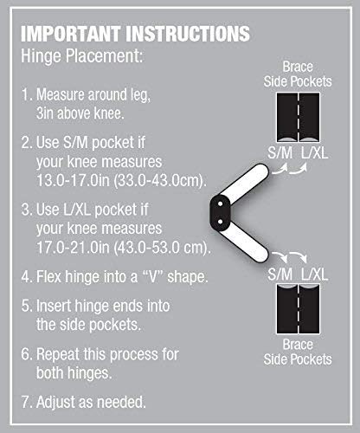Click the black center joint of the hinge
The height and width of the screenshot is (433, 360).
(x=222, y=207)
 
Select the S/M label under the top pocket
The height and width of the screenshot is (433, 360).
(x=279, y=156)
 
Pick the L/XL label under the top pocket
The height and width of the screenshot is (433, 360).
(x=316, y=156)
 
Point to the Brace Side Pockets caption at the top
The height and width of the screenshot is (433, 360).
(x=298, y=74)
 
